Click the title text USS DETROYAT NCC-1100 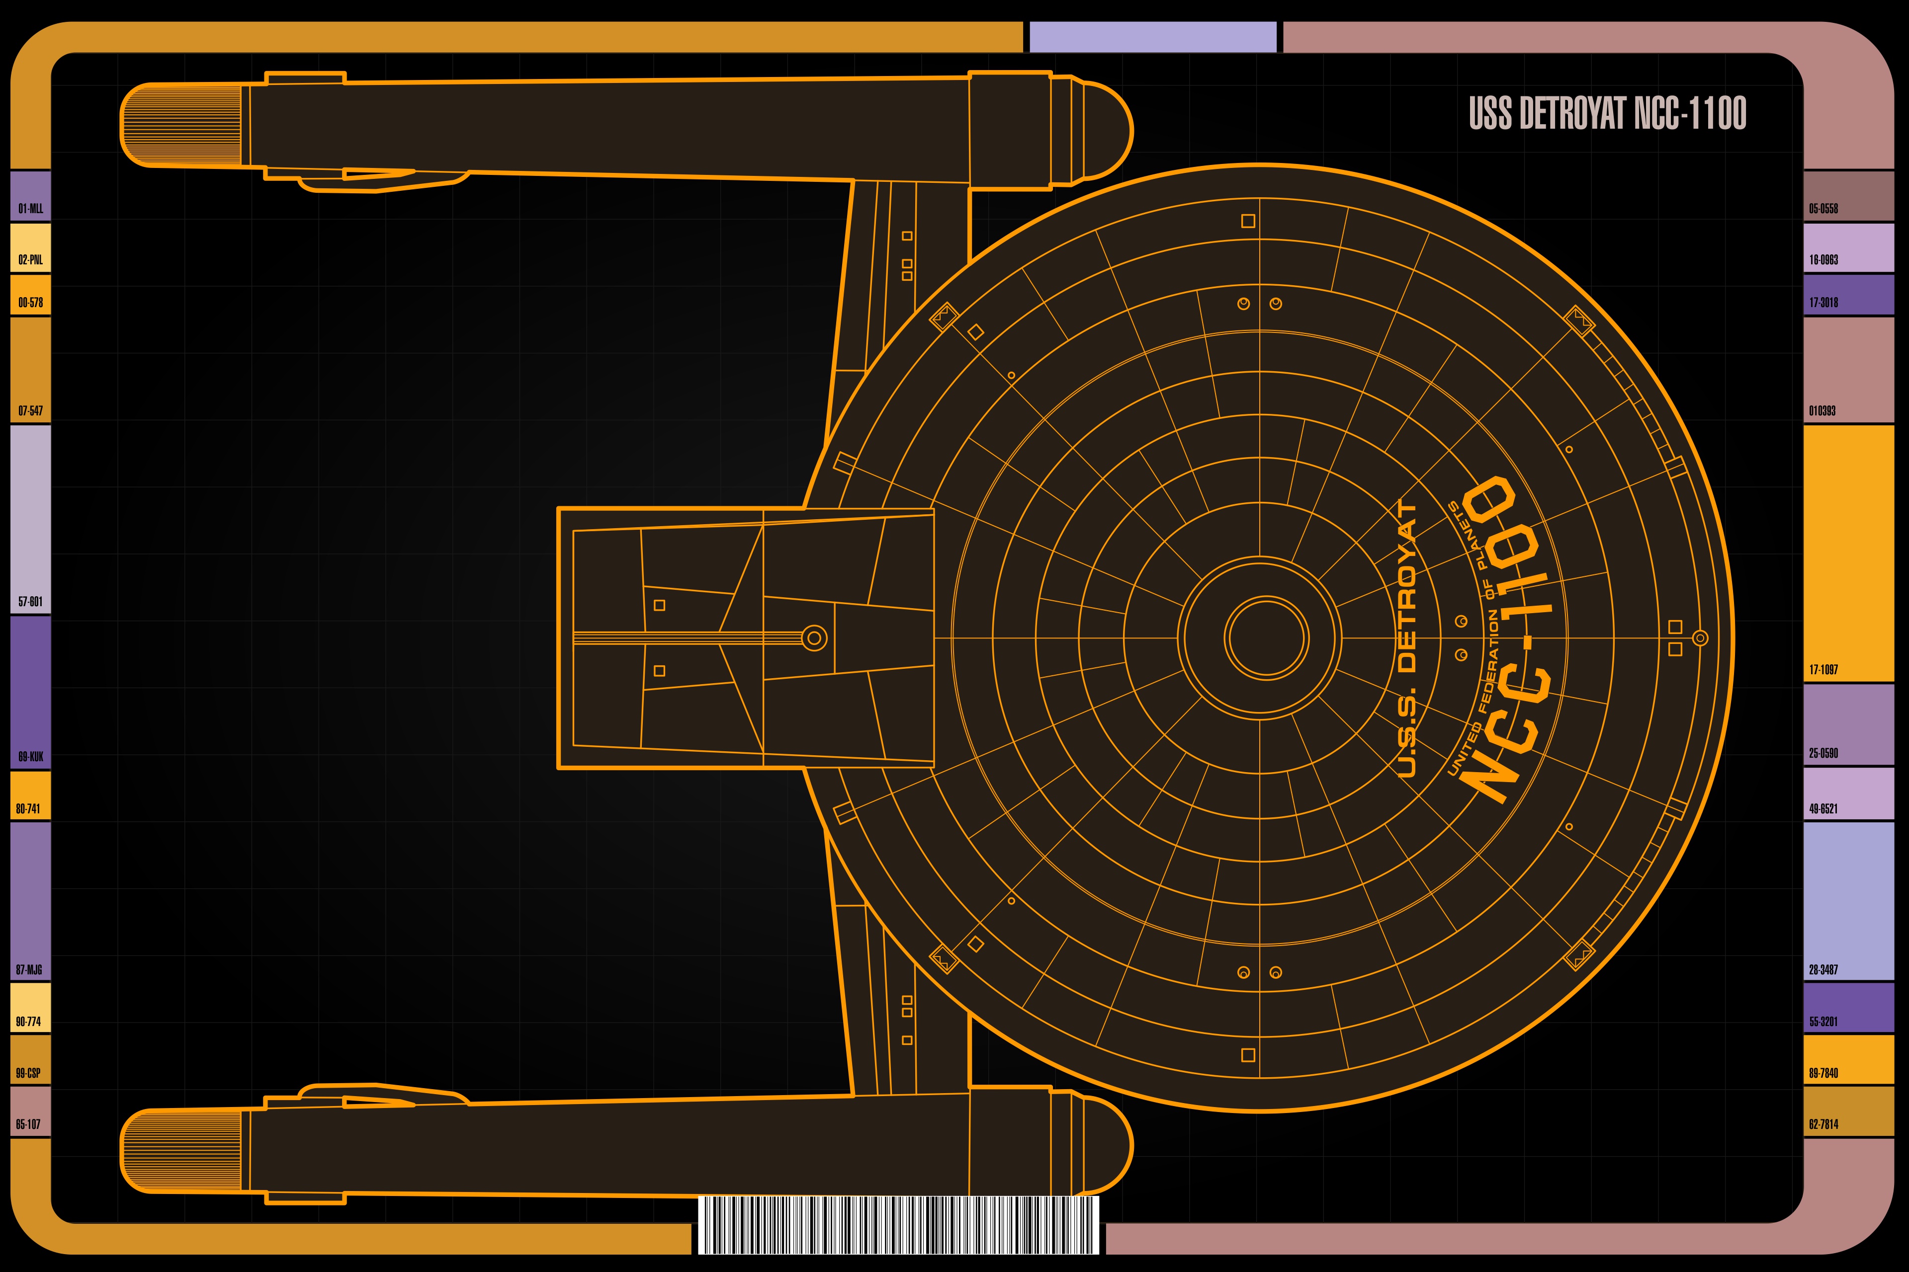tap(1607, 114)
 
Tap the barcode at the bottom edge tap(898, 1225)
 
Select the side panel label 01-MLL tap(31, 209)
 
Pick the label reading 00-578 tap(31, 303)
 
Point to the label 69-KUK tap(31, 757)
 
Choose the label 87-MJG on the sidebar tap(29, 970)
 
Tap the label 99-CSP tap(28, 1073)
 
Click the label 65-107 tap(28, 1124)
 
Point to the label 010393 tap(1822, 410)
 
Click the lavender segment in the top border tap(1152, 37)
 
